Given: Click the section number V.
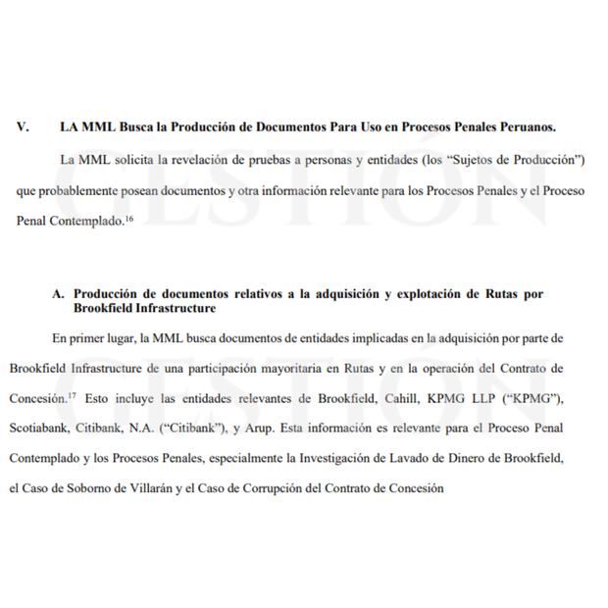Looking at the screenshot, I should pos(23,127).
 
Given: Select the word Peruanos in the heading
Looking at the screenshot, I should pos(525,127).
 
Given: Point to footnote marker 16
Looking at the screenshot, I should pos(128,219).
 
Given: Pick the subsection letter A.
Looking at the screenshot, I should pos(58,293).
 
